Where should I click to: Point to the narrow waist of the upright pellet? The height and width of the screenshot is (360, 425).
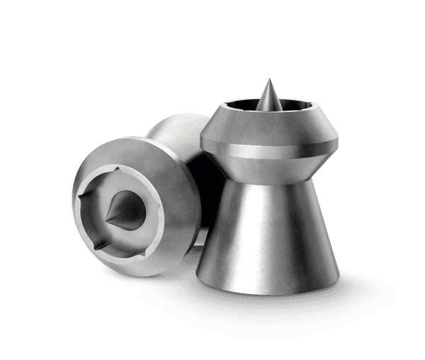click(x=262, y=168)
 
